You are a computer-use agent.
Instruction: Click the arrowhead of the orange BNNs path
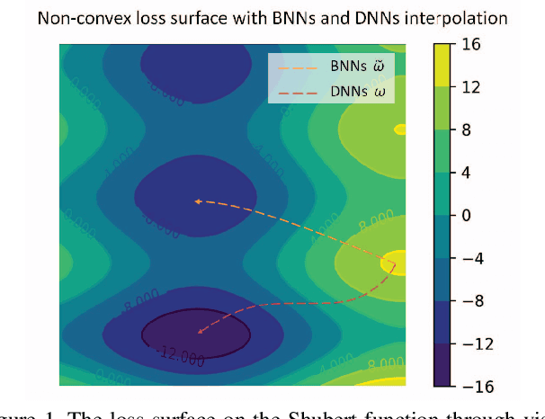click(x=197, y=201)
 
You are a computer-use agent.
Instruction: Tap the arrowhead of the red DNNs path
click(x=199, y=332)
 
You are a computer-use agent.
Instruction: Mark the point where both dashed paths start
click(x=393, y=263)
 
